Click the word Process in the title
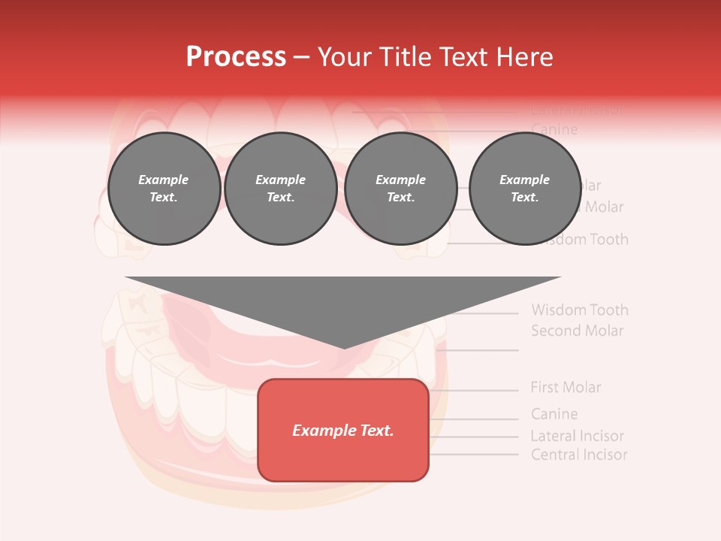click(236, 57)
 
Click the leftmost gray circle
click(164, 189)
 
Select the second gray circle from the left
click(280, 189)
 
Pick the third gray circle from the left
click(400, 189)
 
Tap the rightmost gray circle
click(524, 189)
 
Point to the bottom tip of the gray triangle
click(343, 346)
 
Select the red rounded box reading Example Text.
click(343, 430)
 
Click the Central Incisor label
click(578, 455)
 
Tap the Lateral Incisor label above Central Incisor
click(577, 436)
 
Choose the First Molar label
click(566, 388)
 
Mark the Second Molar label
click(577, 331)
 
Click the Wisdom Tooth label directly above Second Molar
click(579, 310)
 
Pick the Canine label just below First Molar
click(554, 414)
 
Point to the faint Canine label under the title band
click(554, 130)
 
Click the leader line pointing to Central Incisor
click(473, 455)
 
